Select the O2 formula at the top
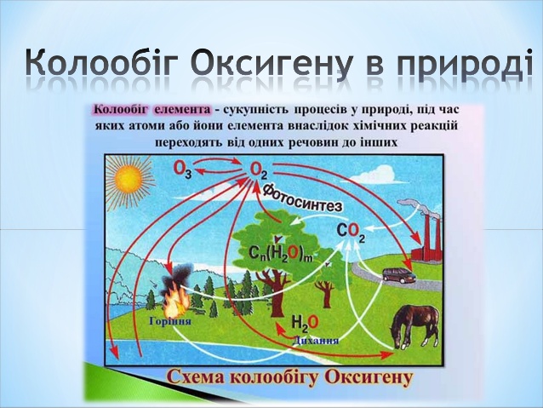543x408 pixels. (x=258, y=170)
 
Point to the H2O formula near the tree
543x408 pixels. (x=305, y=322)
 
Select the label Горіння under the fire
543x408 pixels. (x=170, y=321)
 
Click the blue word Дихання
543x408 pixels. (x=315, y=340)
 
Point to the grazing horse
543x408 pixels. (x=414, y=325)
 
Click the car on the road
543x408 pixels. (x=398, y=275)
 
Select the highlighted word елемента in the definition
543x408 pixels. (x=182, y=110)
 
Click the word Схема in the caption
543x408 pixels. (x=197, y=377)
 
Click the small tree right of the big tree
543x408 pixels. (x=325, y=292)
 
